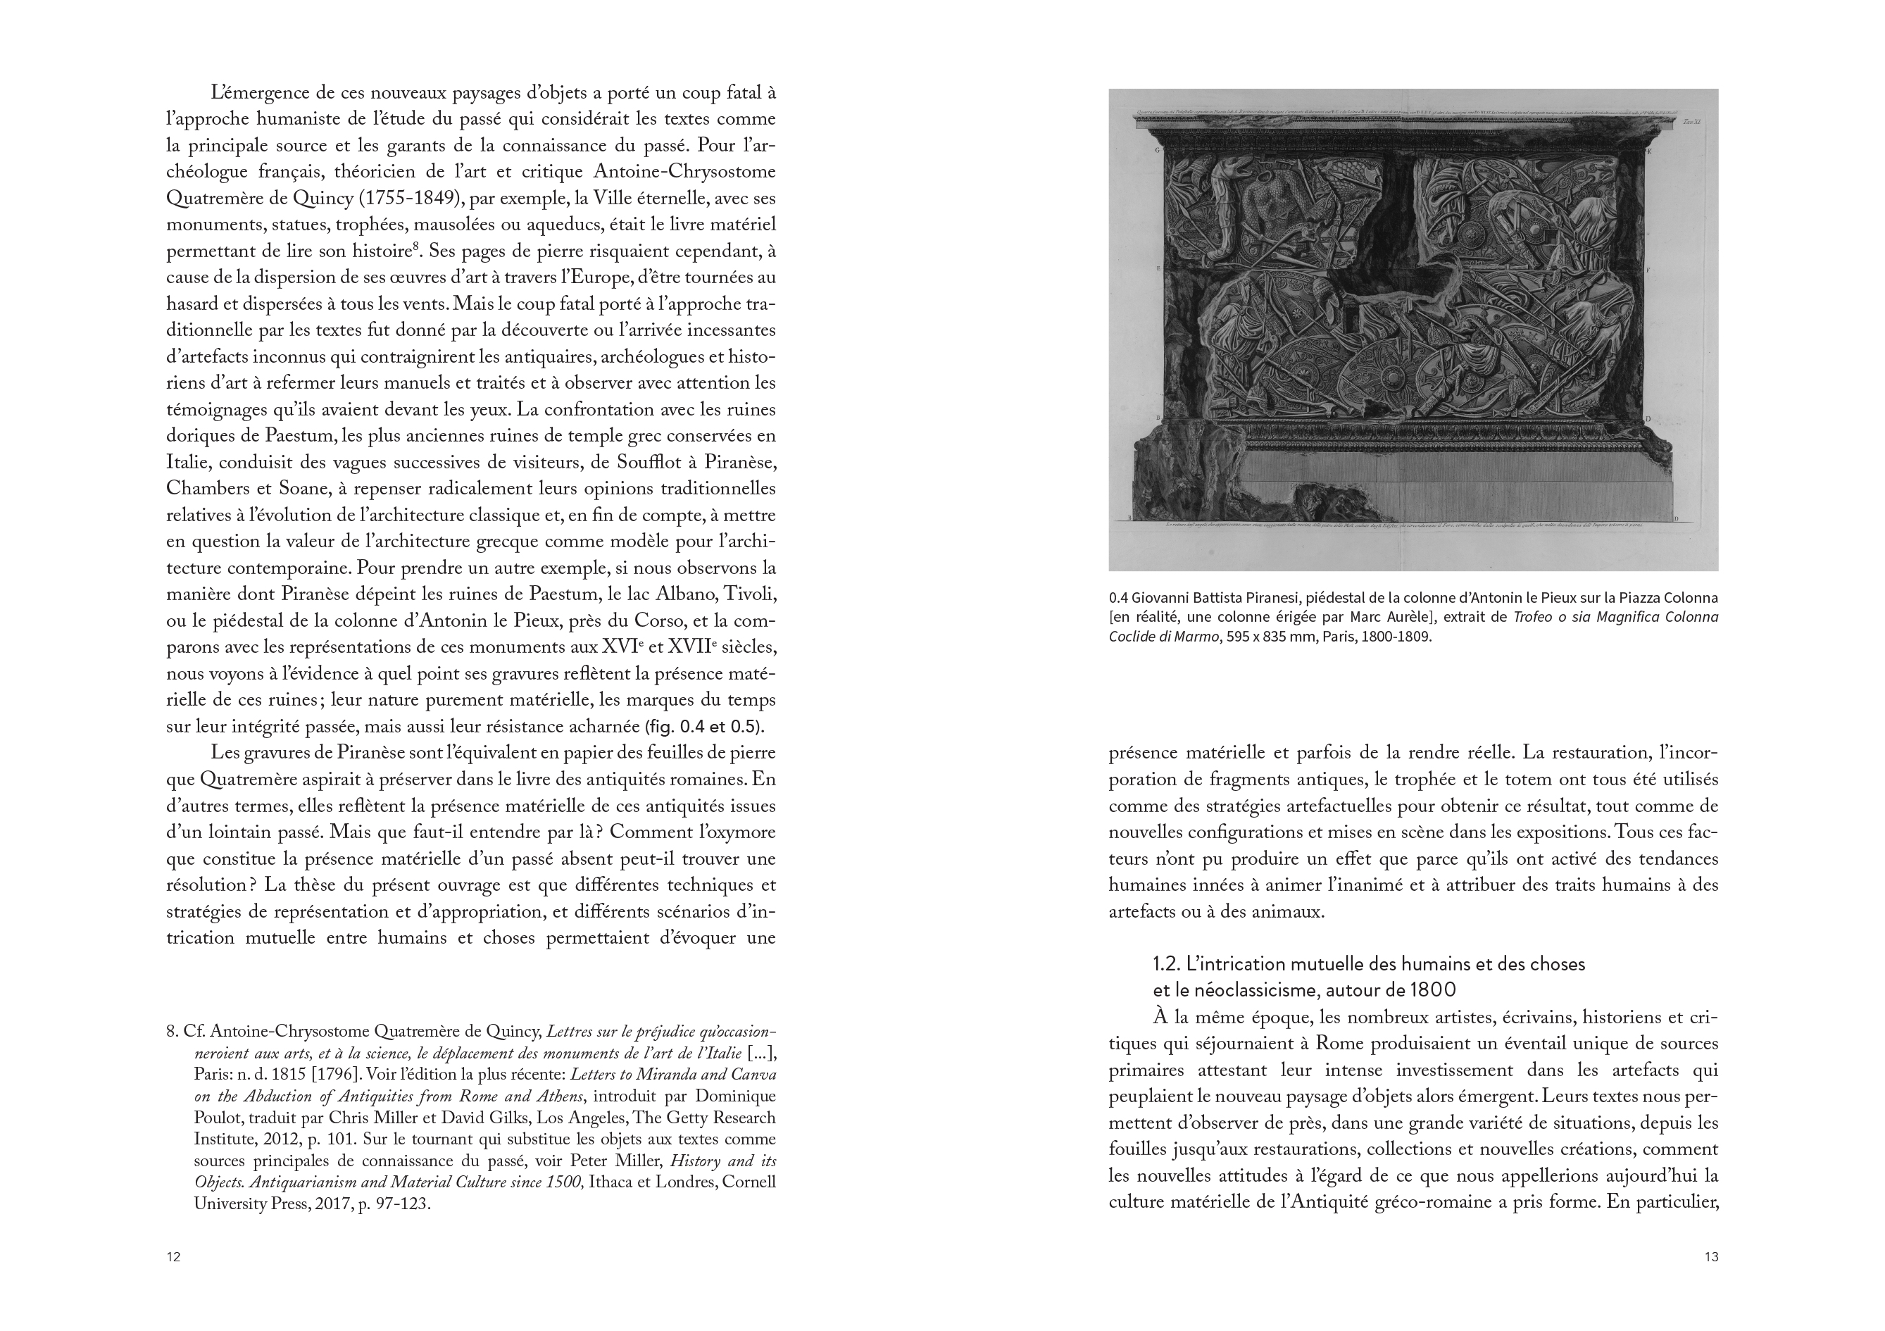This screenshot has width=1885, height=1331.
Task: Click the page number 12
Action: [x=173, y=1257]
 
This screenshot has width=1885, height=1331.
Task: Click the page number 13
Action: [x=1711, y=1257]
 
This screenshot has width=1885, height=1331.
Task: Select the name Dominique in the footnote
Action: [x=736, y=1097]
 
